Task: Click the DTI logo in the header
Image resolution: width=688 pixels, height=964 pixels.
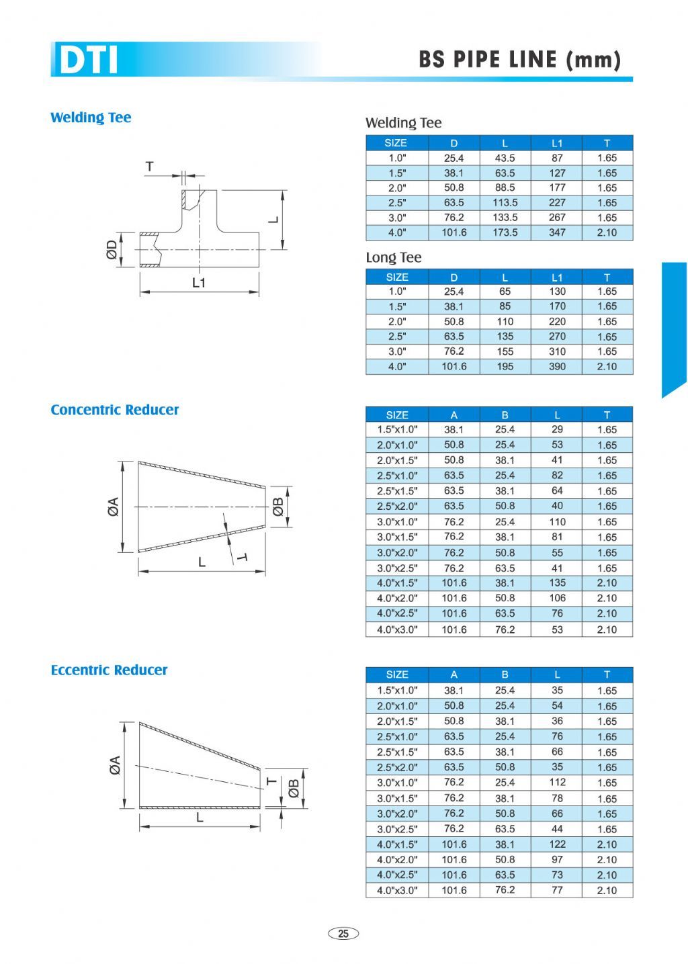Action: coord(88,59)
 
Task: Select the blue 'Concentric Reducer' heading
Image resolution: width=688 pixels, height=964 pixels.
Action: coord(114,410)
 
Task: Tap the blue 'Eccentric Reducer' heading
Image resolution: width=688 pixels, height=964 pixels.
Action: coord(109,670)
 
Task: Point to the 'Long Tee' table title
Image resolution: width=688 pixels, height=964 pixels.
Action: coord(394,257)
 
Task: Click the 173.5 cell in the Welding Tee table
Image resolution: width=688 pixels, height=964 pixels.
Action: coord(505,232)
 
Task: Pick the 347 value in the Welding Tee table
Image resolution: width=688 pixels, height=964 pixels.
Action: coord(557,232)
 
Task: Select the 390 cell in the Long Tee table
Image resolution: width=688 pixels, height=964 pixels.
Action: coord(557,366)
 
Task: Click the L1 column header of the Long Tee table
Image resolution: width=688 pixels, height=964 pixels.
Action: coord(557,277)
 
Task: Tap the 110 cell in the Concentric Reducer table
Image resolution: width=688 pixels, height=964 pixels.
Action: coord(557,522)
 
